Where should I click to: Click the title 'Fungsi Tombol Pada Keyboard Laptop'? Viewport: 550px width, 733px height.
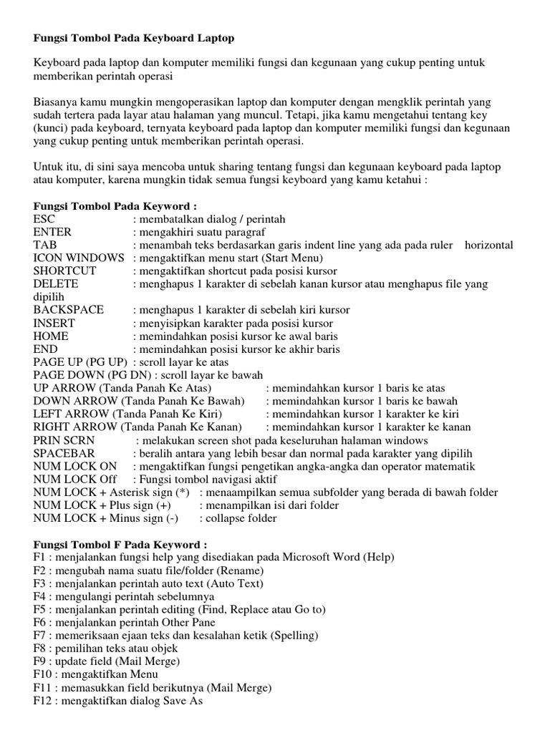[134, 36]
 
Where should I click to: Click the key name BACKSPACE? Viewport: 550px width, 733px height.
[68, 309]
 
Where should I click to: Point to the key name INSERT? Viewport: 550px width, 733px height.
[54, 323]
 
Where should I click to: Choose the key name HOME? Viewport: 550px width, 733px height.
[51, 336]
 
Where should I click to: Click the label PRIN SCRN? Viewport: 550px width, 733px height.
[64, 440]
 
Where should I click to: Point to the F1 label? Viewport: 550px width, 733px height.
[39, 557]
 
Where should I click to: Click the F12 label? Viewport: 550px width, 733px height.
[42, 702]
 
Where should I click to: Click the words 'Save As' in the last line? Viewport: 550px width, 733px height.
[184, 702]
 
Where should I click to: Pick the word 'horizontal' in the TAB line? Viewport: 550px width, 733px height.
[489, 245]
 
